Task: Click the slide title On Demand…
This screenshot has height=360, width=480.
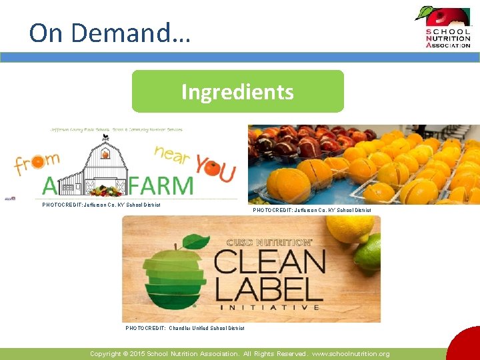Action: (x=110, y=32)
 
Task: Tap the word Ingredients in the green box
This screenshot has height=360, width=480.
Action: (x=237, y=92)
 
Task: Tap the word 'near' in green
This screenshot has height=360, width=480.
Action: (x=171, y=155)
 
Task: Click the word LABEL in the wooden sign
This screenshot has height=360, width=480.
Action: (x=269, y=288)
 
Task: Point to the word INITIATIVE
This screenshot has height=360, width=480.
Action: (x=269, y=307)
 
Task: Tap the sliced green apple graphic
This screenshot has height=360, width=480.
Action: (x=175, y=273)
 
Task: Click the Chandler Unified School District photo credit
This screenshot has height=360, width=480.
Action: (x=185, y=328)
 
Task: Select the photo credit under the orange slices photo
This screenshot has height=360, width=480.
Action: (x=312, y=210)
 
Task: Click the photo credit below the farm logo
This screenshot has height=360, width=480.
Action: (x=101, y=205)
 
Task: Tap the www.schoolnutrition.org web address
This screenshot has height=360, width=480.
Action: (x=352, y=354)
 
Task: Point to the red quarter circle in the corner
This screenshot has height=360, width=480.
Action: (x=466, y=346)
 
